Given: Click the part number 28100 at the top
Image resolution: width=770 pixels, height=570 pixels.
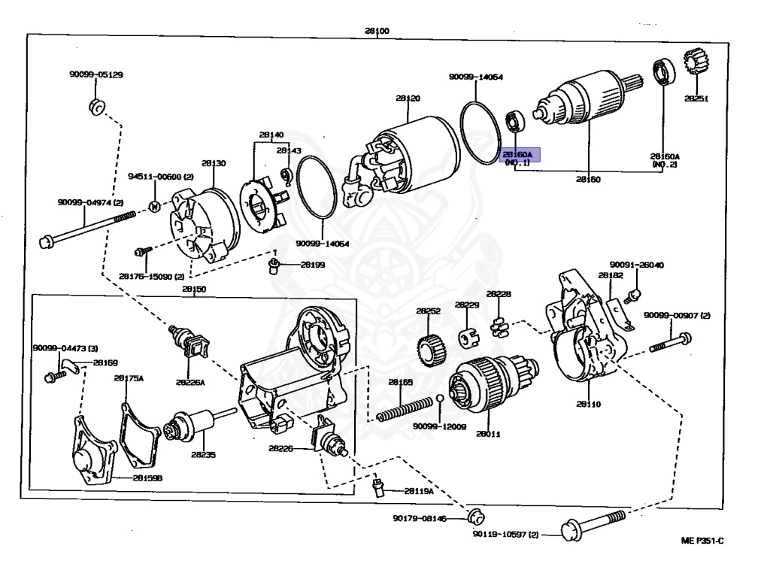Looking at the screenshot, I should (377, 30).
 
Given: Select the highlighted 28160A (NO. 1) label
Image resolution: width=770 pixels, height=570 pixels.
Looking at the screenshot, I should (520, 156).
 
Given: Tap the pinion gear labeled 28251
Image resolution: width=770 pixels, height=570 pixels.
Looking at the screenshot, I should (699, 68).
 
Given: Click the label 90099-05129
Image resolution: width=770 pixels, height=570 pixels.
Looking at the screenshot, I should (95, 74).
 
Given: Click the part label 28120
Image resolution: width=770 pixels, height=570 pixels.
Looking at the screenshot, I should (408, 99).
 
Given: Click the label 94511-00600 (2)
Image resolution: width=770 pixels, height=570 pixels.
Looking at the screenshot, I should (160, 177).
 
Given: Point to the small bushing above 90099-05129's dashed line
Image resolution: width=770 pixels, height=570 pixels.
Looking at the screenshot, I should (98, 108).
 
